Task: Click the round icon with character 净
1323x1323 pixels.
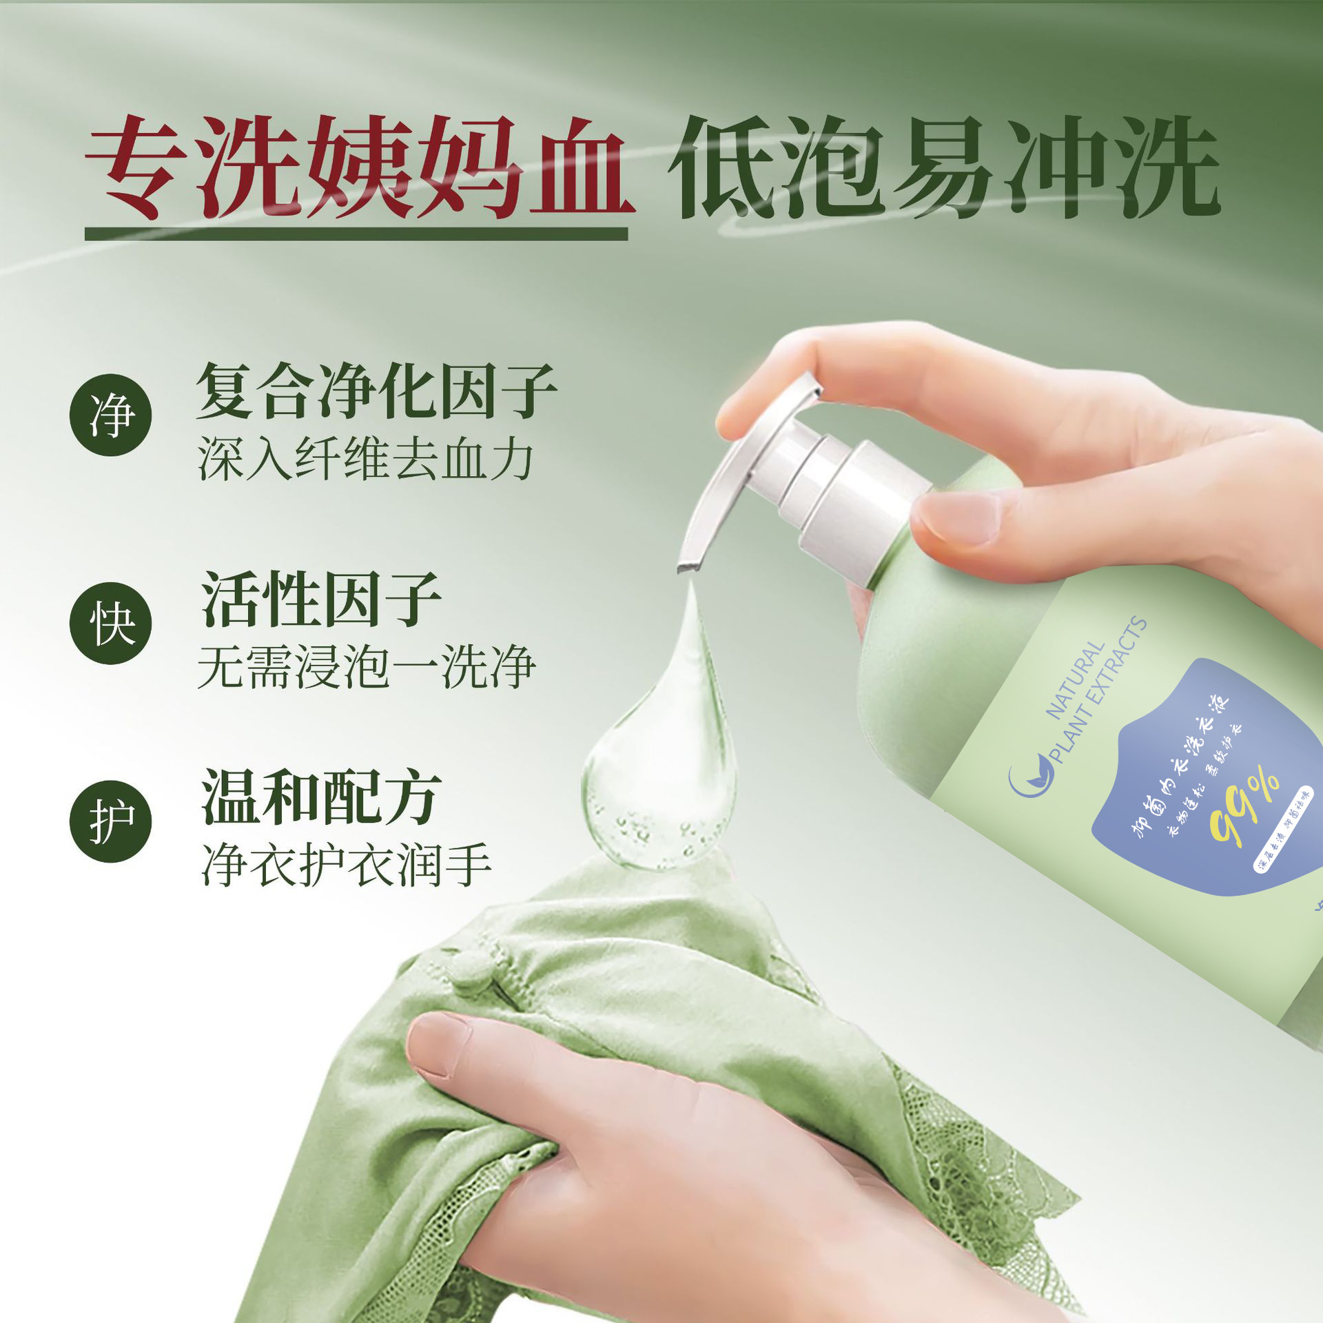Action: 110,415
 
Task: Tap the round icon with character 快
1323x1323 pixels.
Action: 110,623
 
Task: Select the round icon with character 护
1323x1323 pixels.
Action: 110,821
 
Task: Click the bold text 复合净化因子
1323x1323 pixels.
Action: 376,391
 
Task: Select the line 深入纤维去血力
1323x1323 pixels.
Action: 365,460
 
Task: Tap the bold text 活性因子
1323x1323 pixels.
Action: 320,599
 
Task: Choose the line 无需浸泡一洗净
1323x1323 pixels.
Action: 366,667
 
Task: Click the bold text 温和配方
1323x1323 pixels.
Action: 320,797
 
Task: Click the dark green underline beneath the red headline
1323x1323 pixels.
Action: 356,234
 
